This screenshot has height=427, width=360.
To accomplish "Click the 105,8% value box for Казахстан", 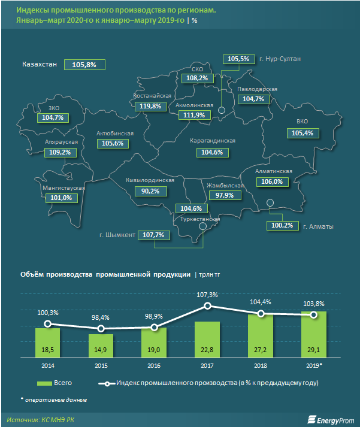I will [87, 65].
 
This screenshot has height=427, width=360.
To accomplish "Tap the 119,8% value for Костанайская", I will [150, 106].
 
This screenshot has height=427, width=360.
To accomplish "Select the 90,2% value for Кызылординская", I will [150, 190].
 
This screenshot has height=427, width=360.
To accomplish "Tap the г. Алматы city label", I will [318, 226].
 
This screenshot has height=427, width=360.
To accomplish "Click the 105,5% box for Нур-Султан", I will [238, 59].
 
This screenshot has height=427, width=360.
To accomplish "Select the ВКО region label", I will [302, 122].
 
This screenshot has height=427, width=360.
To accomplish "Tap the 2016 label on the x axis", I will [154, 365].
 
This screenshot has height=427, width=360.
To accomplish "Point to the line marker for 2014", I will [48, 324].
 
